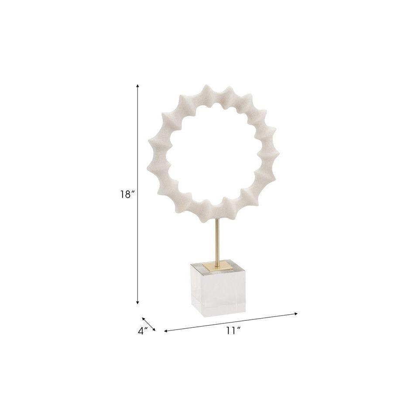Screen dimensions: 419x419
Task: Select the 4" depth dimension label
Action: click(143, 331)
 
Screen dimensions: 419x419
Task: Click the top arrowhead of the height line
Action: click(137, 86)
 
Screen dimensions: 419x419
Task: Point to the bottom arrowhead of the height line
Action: click(137, 302)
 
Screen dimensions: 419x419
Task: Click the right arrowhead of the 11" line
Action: click(295, 314)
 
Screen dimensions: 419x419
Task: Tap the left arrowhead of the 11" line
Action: click(166, 331)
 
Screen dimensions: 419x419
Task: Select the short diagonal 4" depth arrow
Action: click(148, 324)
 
